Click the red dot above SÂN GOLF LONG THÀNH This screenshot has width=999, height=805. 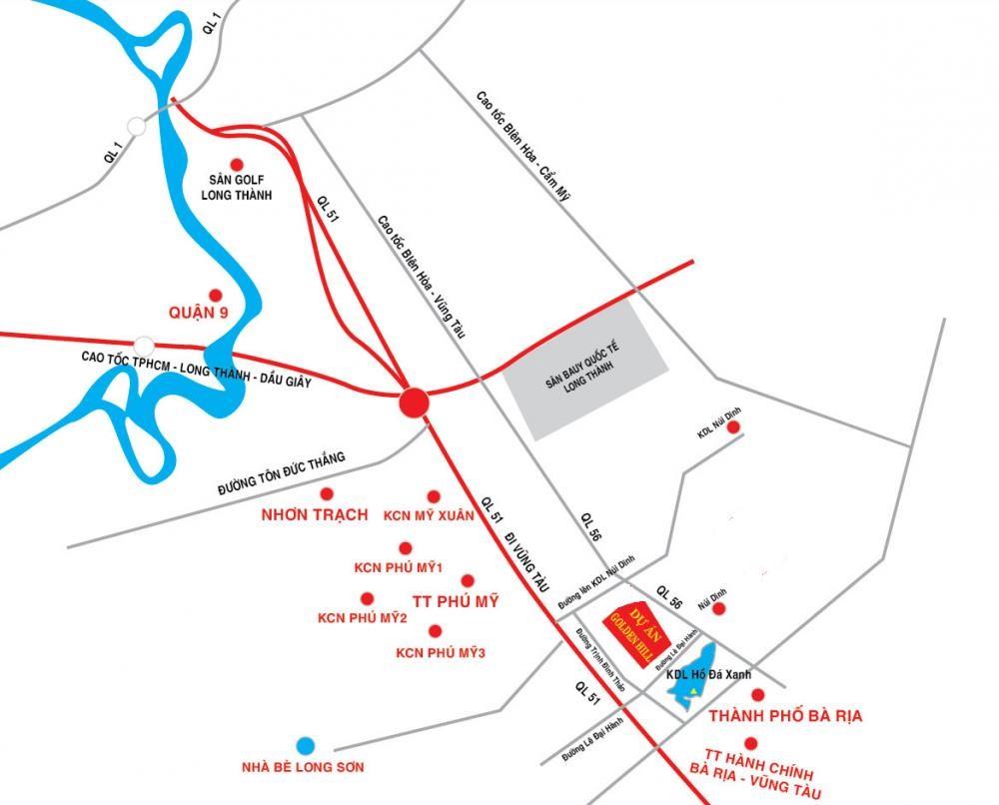[x=237, y=164]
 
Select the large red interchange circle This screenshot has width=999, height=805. [x=414, y=402]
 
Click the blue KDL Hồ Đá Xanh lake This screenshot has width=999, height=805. [x=697, y=682]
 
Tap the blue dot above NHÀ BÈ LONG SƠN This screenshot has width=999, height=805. [x=305, y=745]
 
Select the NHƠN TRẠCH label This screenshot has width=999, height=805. [x=314, y=515]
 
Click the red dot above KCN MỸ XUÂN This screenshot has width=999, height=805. [x=434, y=496]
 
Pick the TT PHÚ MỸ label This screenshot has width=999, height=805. [x=455, y=602]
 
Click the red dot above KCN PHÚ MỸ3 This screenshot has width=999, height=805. [x=435, y=630]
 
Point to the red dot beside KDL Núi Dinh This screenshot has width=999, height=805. [x=734, y=427]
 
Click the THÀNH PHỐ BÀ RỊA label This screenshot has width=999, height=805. [x=784, y=716]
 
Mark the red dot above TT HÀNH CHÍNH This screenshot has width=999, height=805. [x=750, y=742]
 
